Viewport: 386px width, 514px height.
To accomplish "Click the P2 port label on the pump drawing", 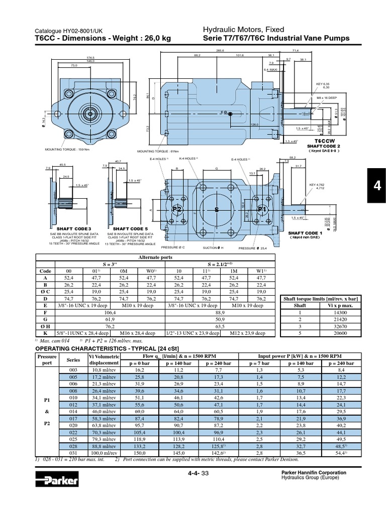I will coord(177,208).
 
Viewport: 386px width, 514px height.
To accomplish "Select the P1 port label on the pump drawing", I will coord(261,208).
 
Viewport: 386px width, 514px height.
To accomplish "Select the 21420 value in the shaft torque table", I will coord(342,318).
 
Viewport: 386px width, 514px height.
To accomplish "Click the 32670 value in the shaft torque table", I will coord(342,325).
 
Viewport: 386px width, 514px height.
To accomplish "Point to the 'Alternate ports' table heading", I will coord(155,256).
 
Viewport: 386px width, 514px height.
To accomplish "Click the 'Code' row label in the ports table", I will coord(45,271).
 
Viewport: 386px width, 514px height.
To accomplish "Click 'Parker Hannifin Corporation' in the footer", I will coord(315,472).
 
